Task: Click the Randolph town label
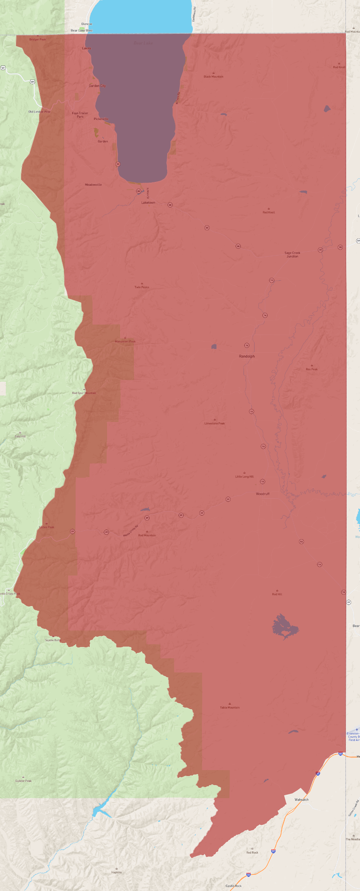pos(247,356)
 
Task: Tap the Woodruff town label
pos(262,494)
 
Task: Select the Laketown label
pos(148,203)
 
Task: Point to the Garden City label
pos(97,86)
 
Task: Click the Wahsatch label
pos(301,800)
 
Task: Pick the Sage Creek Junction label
pos(292,255)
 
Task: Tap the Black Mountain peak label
pos(213,77)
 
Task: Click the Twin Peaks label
pos(142,287)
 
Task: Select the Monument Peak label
pos(125,342)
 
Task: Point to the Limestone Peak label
pos(214,423)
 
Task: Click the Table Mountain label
pos(230,708)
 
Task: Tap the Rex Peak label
pos(312,369)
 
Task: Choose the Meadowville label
pos(93,185)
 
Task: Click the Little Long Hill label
pos(244,477)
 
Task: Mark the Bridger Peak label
pos(37,39)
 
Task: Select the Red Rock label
pos(252,852)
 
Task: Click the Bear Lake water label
pos(143,43)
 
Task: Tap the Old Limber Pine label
pos(39,112)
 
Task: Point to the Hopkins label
pos(116,872)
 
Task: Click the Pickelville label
pos(101,119)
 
